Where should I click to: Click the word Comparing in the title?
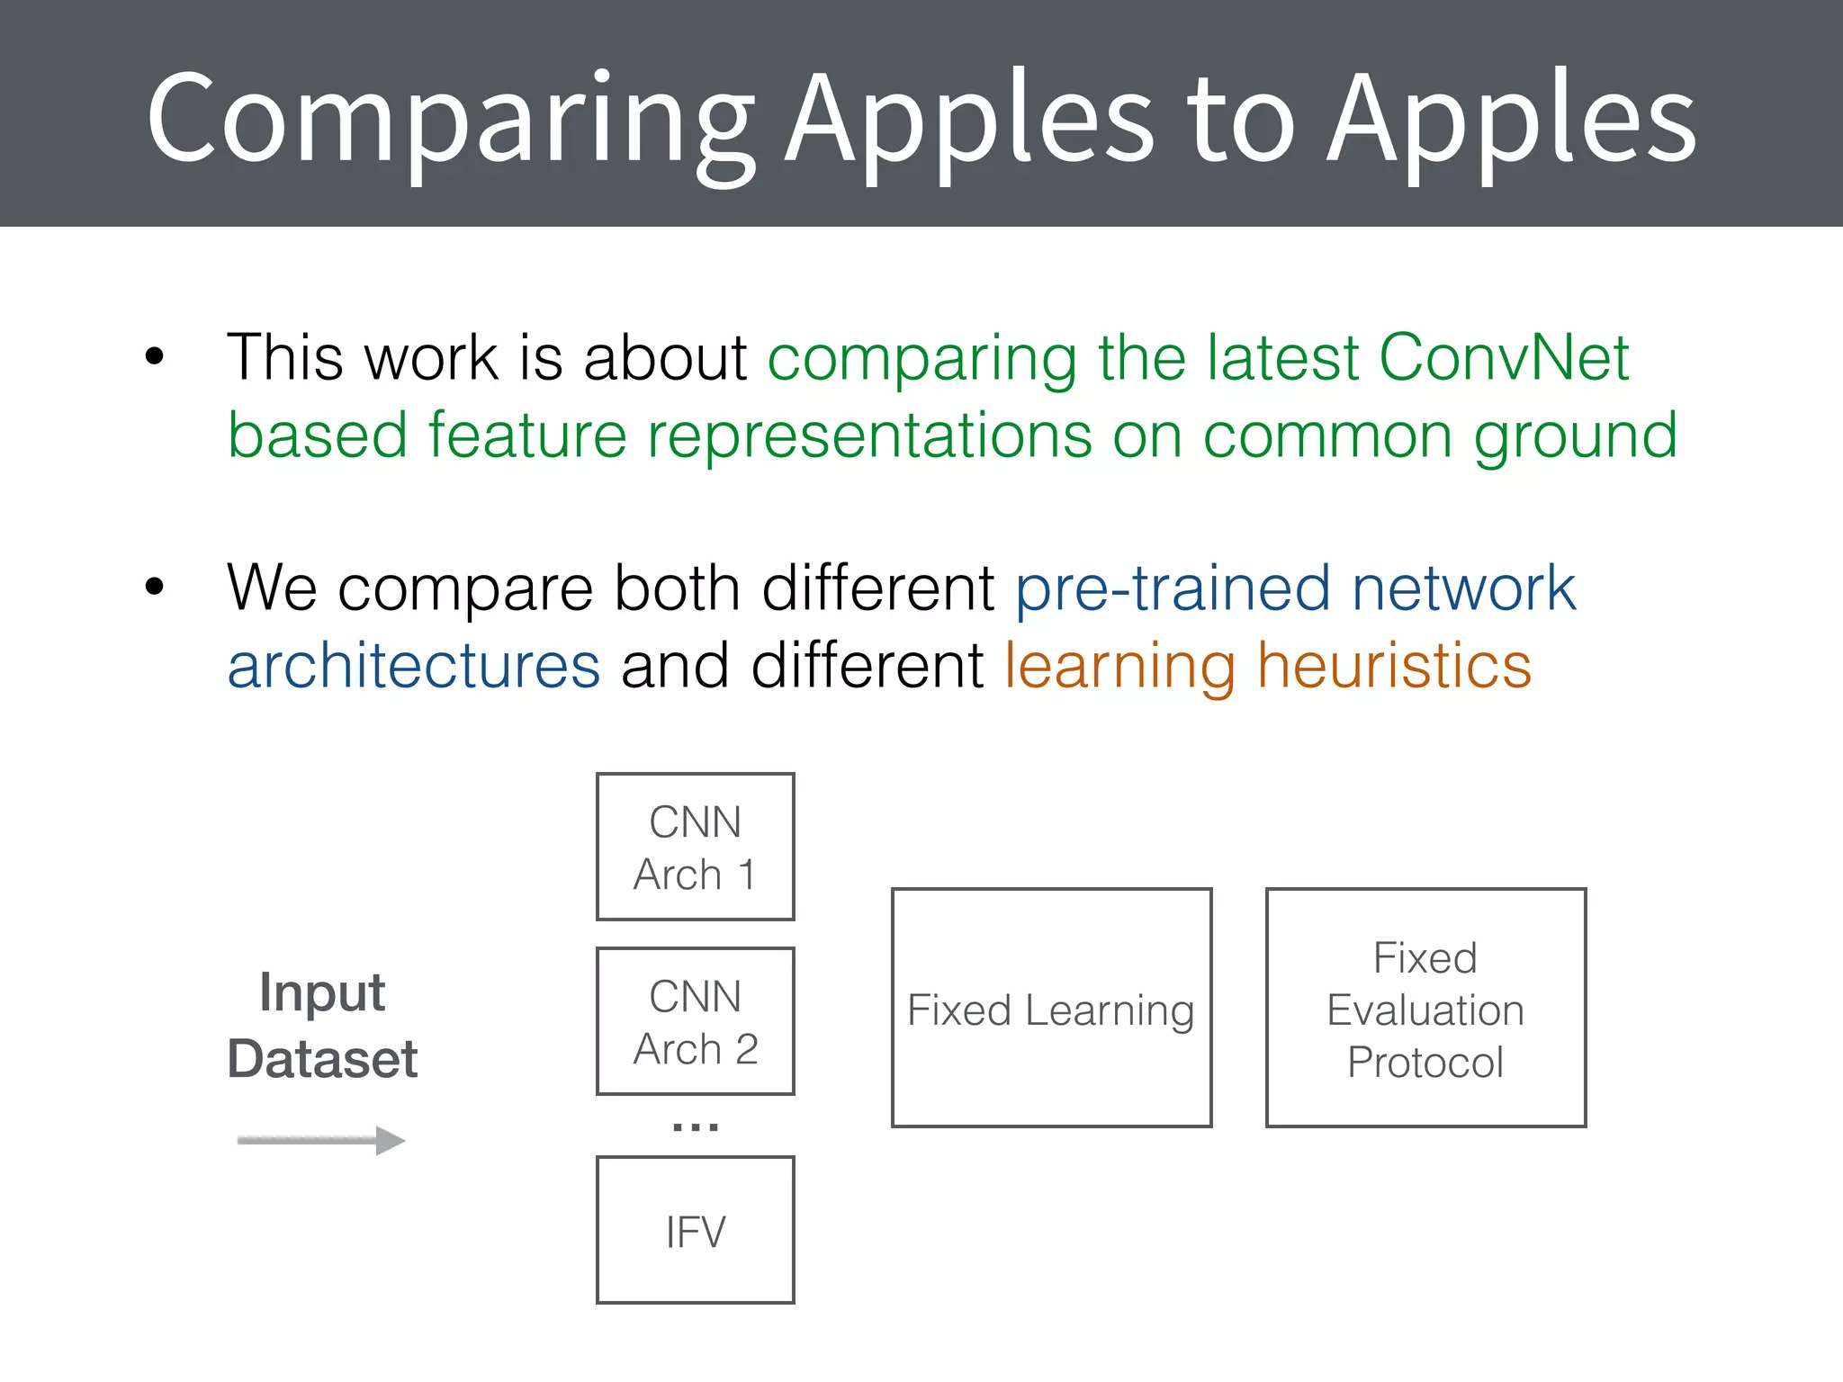tap(450, 121)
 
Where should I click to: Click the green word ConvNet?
tap(1504, 358)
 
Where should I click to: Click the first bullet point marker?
tap(155, 356)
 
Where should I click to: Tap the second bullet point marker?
tap(155, 587)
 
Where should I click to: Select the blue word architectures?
tap(414, 667)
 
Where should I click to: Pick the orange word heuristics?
tap(1394, 667)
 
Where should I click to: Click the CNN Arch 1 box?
tap(695, 847)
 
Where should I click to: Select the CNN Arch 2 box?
tap(695, 1021)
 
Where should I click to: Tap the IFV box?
tap(695, 1230)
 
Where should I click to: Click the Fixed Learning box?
tap(1051, 1008)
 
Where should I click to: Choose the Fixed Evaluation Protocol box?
tap(1425, 1008)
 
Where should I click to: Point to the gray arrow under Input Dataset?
tap(321, 1140)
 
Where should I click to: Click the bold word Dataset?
tap(322, 1059)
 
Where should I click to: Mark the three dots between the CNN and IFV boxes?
tap(695, 1126)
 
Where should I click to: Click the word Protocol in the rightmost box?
tap(1425, 1063)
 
